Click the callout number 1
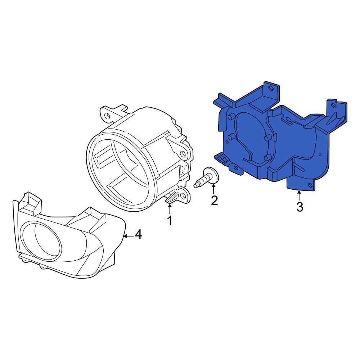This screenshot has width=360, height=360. (x=169, y=220)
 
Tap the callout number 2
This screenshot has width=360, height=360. (x=214, y=200)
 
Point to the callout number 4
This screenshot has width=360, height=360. (x=138, y=235)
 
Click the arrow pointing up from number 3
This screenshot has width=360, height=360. (x=299, y=195)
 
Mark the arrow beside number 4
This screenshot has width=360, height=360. (x=128, y=236)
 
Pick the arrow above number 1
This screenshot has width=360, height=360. (x=169, y=209)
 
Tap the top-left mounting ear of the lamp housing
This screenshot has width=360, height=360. (x=107, y=114)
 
